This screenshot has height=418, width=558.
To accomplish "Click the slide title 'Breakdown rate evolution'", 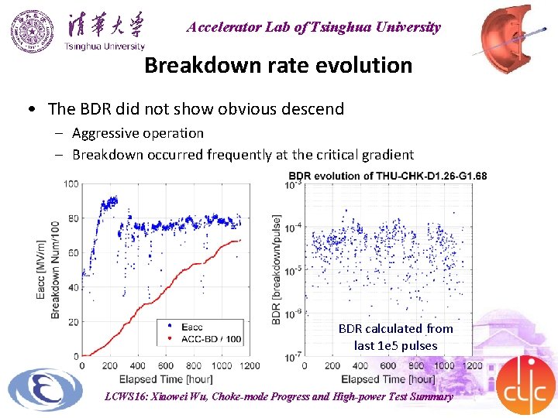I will (x=278, y=65).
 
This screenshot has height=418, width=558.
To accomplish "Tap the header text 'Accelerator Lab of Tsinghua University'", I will (x=313, y=27).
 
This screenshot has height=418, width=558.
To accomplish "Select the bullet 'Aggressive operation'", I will (x=138, y=133).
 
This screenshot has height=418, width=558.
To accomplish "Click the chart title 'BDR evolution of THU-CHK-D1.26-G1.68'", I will (x=387, y=176).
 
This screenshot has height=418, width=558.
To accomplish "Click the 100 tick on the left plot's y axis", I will (x=71, y=184).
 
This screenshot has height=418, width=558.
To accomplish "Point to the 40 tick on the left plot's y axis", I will (x=72, y=287).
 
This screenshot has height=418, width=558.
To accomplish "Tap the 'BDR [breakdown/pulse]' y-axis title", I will (x=277, y=269).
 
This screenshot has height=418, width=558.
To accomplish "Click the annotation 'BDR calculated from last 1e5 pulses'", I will (x=395, y=337).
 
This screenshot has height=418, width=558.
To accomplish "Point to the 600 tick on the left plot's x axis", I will (x=166, y=366).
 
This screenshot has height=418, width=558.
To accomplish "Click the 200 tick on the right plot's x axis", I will (x=332, y=366).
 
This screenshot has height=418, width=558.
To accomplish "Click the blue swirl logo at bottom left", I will (x=45, y=389).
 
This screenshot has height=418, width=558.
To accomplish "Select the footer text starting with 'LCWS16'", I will (x=278, y=396).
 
